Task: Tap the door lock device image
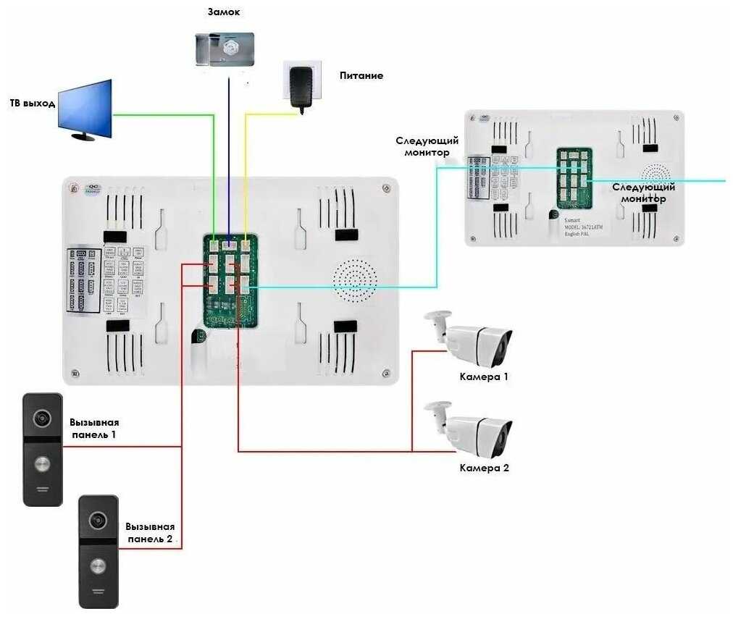click(x=224, y=50)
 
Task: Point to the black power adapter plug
click(x=301, y=86)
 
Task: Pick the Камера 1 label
click(x=484, y=377)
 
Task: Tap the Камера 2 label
click(x=484, y=468)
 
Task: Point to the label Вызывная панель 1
click(x=94, y=429)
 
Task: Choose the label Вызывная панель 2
click(x=149, y=533)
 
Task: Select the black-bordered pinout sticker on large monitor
click(x=83, y=281)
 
